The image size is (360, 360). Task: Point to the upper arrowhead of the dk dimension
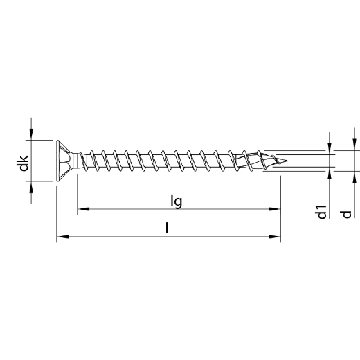pyautogui.click(x=30, y=136)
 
